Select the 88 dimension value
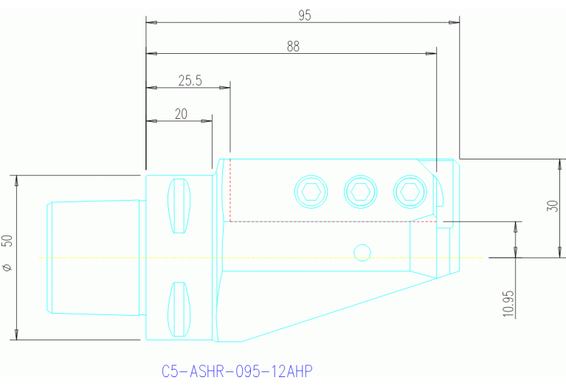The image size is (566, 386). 293,46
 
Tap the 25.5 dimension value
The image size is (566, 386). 190,80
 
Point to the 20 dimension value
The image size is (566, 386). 181,114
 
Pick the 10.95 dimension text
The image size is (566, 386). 508,302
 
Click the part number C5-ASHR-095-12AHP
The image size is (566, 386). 237,371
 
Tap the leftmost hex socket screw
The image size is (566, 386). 311,192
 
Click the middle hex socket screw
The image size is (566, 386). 361,192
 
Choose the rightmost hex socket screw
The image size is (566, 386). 410,192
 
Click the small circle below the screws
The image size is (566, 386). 362,252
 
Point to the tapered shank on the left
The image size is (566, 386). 94,257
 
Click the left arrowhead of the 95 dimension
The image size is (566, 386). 151,23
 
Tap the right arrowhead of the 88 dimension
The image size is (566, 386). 431,54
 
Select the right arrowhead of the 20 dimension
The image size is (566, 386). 208,121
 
